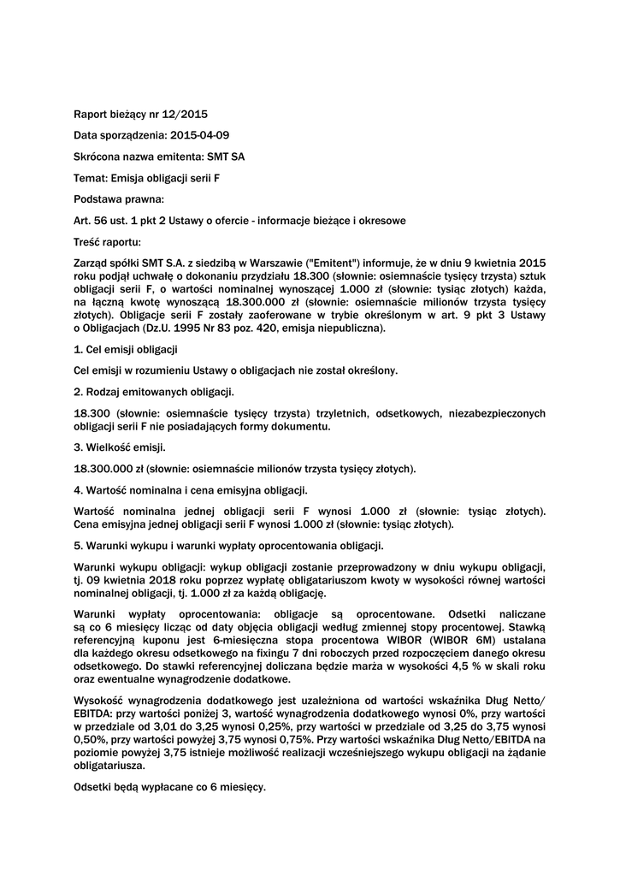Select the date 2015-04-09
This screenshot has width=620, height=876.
pos(199,134)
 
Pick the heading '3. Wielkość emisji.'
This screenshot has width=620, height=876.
pos(121,447)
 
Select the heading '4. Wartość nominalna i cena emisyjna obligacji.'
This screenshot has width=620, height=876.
pos(191,490)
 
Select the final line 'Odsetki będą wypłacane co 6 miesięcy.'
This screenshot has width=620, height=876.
pos(170,786)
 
